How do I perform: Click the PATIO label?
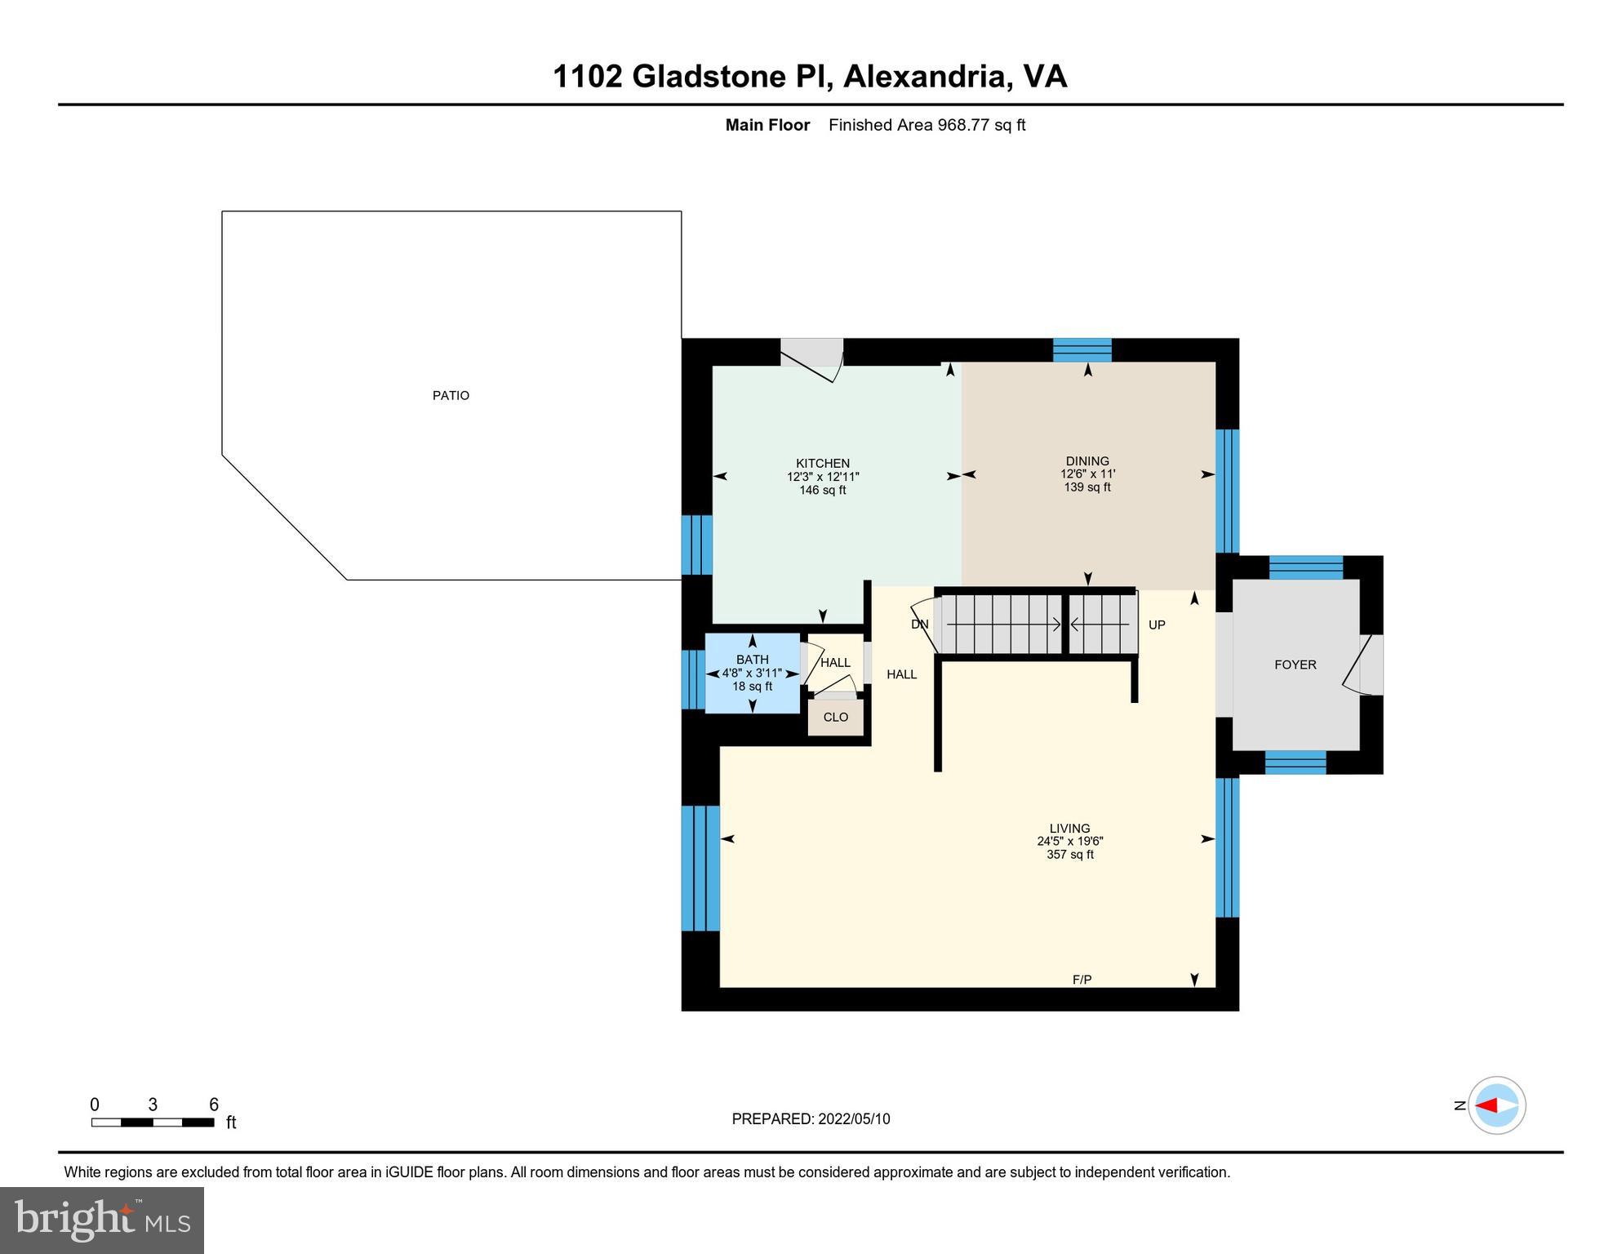[451, 396]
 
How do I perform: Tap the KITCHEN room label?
[823, 463]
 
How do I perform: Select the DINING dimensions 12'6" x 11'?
[1087, 474]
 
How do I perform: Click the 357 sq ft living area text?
[1069, 855]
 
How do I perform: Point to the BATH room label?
[752, 660]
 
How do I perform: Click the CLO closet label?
[835, 718]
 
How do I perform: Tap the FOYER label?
[1295, 665]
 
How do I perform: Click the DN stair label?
[919, 625]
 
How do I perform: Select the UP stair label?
[1156, 625]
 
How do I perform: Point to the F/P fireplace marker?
[1082, 980]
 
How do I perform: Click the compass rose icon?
[1496, 1105]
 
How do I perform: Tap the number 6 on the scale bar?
[214, 1105]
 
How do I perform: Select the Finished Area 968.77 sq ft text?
[927, 125]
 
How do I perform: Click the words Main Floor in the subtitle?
[767, 125]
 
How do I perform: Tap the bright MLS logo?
[102, 1220]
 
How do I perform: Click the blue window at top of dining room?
[1082, 350]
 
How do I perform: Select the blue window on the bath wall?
[693, 679]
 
